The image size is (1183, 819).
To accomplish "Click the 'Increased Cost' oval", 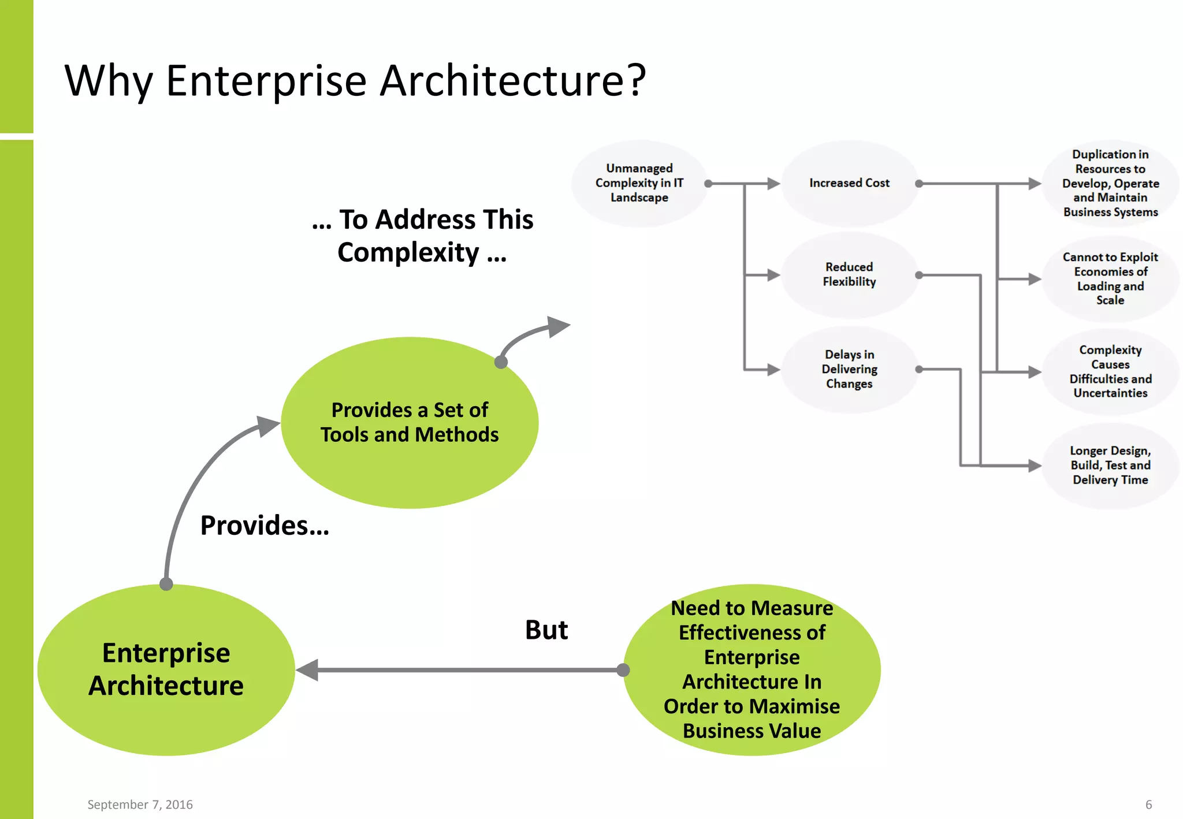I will [849, 183].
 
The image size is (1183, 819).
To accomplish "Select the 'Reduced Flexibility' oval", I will [849, 274].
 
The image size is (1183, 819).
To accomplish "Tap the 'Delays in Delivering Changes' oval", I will [849, 369].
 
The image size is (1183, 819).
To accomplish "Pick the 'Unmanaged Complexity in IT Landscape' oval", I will [639, 183].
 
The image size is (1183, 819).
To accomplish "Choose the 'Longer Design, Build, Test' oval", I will [1110, 466].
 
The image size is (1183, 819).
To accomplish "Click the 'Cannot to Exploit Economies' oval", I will [1110, 278].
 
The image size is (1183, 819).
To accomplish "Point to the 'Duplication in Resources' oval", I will [1110, 183].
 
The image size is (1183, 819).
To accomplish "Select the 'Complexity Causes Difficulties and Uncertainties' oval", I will [1110, 371].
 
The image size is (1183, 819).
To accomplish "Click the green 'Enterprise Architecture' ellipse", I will [166, 669].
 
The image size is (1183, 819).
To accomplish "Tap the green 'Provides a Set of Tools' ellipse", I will [409, 422].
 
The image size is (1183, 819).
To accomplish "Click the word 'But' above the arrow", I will [546, 630].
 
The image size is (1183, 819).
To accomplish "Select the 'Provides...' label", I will [265, 526].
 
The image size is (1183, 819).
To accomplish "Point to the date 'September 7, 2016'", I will [140, 805].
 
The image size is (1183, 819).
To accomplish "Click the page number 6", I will [1148, 805].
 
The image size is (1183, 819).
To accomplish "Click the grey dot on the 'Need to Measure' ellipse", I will [623, 670].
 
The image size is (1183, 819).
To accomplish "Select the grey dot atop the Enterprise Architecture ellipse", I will [166, 584].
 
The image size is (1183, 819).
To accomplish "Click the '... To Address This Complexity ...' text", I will [422, 236].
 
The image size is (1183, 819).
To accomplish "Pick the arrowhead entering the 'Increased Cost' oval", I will [773, 184].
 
